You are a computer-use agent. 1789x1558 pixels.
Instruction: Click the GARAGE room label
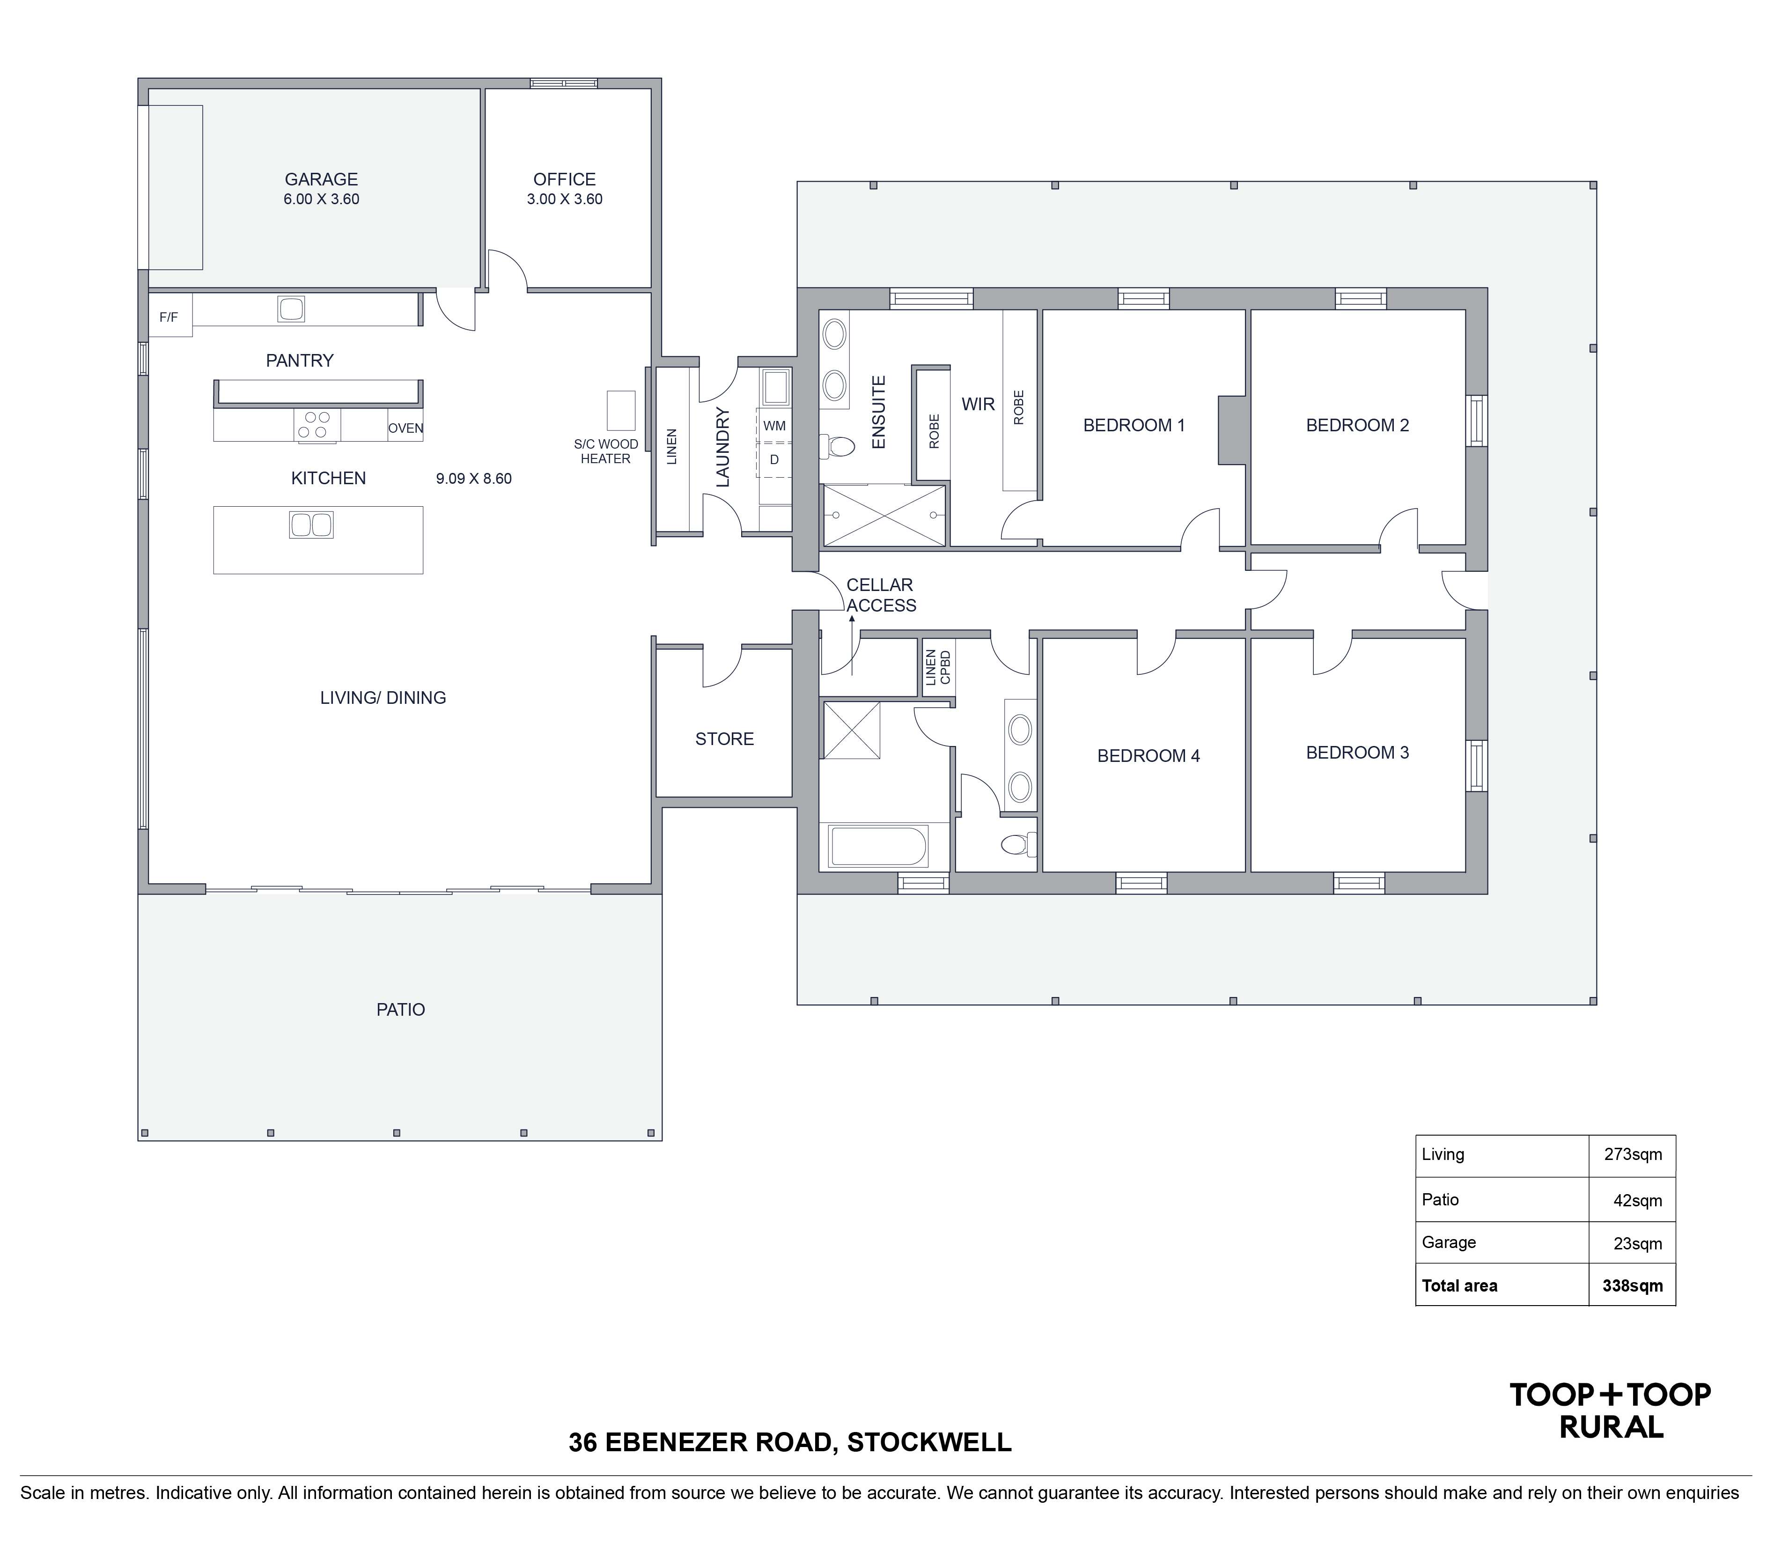322,179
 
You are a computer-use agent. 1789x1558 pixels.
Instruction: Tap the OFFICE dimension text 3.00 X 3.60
564,199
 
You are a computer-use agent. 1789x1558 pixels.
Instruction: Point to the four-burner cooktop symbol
317,424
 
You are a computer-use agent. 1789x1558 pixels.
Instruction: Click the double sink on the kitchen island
310,524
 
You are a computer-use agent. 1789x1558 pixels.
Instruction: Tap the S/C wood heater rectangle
621,410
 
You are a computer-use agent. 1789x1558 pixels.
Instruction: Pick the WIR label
978,404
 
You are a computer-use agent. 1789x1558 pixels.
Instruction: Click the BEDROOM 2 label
1357,425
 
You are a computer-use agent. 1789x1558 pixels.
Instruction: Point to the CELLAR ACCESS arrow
852,645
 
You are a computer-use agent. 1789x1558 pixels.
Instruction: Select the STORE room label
724,739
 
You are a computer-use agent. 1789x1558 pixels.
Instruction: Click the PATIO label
401,1009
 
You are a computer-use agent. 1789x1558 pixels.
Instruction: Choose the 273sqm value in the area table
1633,1155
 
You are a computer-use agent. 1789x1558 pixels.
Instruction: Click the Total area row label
1459,1286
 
